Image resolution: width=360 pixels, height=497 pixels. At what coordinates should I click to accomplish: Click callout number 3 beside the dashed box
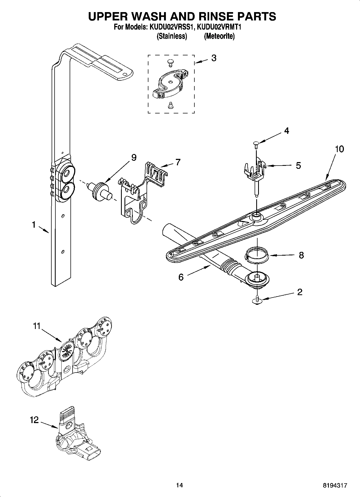(x=214, y=58)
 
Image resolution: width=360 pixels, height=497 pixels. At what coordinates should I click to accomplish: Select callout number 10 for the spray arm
(x=340, y=149)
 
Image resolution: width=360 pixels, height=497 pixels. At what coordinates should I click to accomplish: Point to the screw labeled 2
(x=258, y=299)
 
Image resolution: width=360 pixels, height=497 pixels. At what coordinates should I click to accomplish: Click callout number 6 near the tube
(x=181, y=277)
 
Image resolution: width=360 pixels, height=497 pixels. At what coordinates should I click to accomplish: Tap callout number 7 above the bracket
(x=178, y=162)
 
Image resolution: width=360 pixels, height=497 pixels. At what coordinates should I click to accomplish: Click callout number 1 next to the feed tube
(x=34, y=224)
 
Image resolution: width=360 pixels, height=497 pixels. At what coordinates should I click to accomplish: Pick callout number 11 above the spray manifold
(x=37, y=326)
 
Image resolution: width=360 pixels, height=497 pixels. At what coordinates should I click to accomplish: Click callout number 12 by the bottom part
(x=34, y=420)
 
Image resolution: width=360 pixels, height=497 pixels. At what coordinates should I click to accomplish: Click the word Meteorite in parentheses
(x=219, y=36)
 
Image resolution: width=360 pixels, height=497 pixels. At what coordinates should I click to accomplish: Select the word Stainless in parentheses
(x=172, y=36)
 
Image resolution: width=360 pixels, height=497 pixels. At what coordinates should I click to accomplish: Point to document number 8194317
(x=335, y=485)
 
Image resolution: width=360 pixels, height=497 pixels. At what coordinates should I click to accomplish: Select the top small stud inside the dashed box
(x=170, y=63)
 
